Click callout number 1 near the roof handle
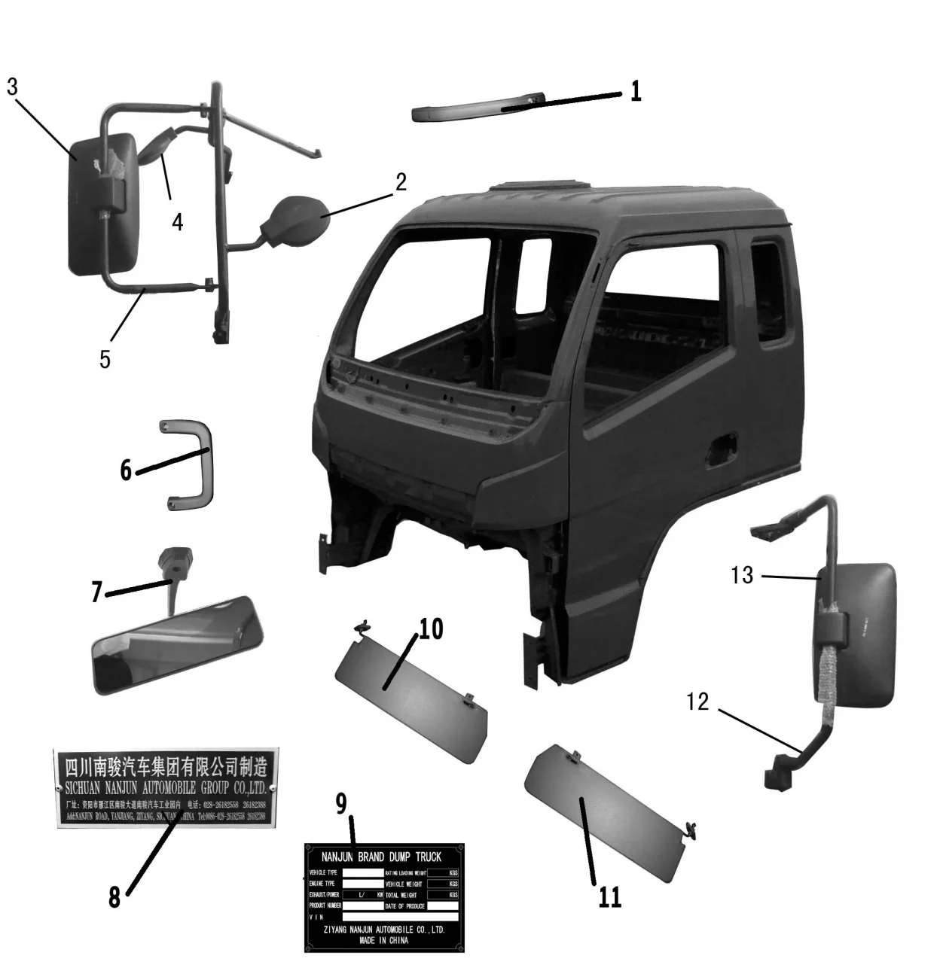coord(636,91)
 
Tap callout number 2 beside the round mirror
coord(401,182)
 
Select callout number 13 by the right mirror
coord(742,576)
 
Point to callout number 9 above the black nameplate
coord(341,803)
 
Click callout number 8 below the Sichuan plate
coord(114,896)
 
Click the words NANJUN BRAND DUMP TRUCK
coord(381,857)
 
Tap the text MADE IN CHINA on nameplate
coord(383,940)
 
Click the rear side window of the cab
coord(768,294)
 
